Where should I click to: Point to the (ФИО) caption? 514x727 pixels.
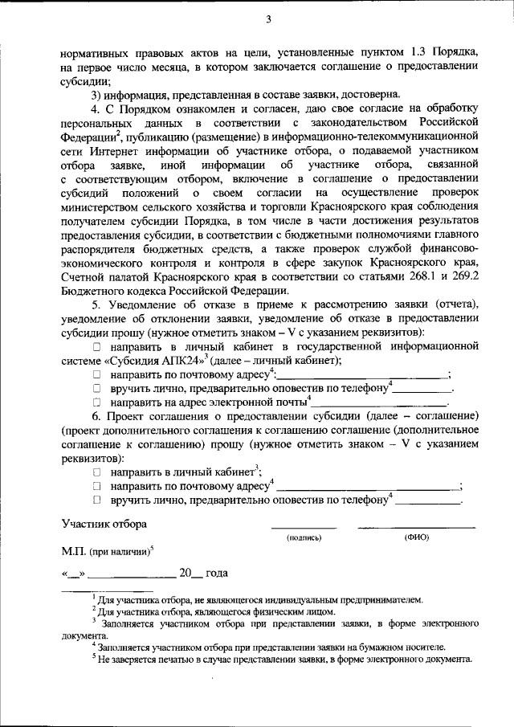(x=417, y=538)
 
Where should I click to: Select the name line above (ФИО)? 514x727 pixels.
(x=417, y=528)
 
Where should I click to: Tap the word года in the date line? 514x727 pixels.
(x=217, y=573)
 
